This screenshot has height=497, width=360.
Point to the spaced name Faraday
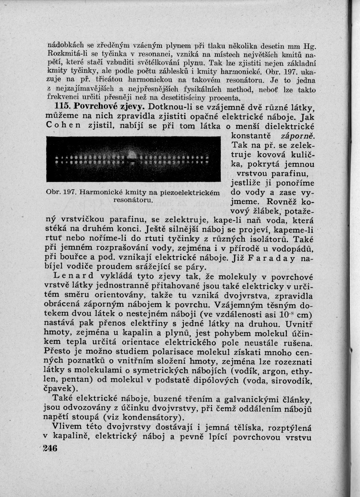(x=269, y=257)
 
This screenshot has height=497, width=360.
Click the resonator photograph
(x=133, y=159)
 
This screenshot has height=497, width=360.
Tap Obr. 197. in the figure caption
(x=60, y=193)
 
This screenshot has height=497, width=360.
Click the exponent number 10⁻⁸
(x=288, y=314)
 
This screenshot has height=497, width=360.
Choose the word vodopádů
(x=290, y=248)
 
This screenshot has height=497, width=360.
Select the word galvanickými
(x=237, y=398)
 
